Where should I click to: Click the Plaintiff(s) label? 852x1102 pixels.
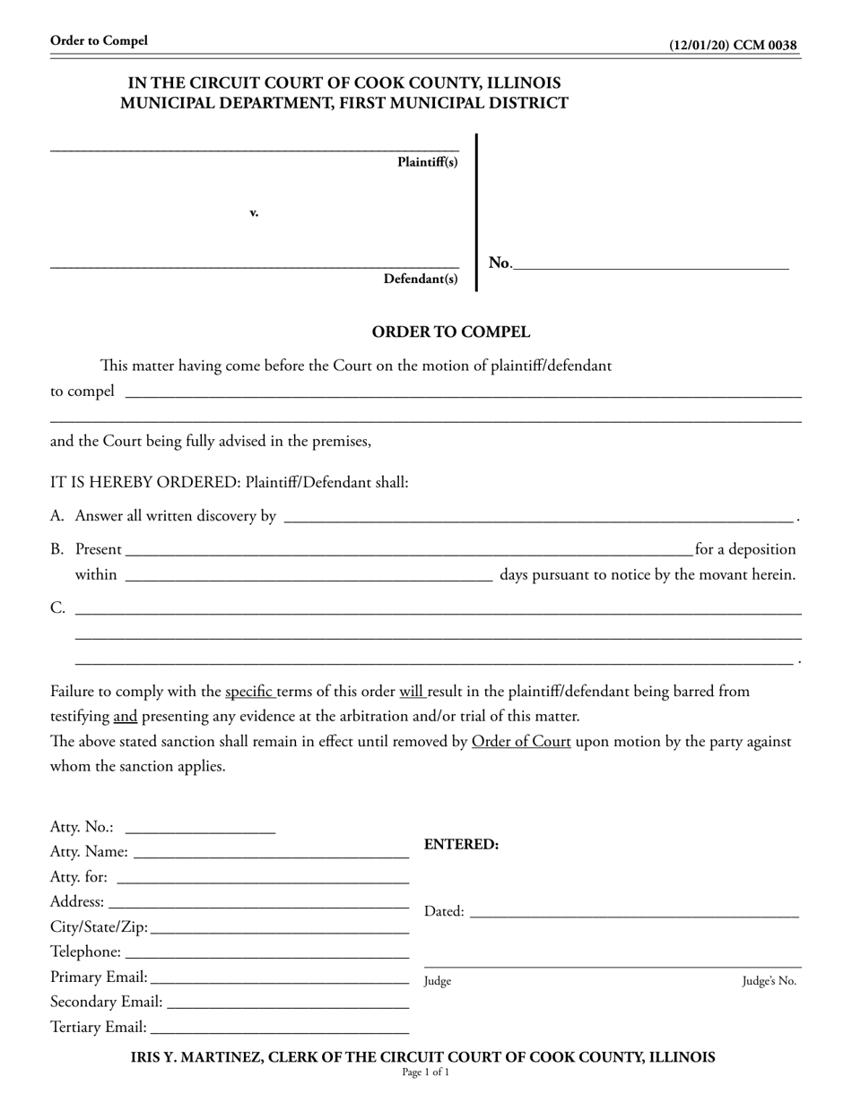tap(427, 162)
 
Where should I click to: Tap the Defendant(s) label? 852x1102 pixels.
tap(421, 279)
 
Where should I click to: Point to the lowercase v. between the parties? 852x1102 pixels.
tap(254, 212)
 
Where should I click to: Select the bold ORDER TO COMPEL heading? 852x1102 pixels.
tap(451, 332)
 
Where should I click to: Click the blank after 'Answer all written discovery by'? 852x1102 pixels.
tap(538, 518)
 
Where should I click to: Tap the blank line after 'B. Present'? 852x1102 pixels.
tap(408, 551)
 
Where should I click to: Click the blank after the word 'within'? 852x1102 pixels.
tap(309, 576)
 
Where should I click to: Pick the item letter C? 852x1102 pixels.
tap(57, 608)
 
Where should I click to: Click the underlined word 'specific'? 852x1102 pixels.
tap(249, 692)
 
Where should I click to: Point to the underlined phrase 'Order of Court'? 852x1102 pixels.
tap(521, 742)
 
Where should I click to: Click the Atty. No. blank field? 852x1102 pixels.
tap(201, 829)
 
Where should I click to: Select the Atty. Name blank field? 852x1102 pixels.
tap(271, 854)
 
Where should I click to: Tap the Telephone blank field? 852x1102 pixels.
tap(267, 953)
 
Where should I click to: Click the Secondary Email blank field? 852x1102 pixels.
tap(287, 1003)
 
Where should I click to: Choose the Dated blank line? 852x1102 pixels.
tap(633, 913)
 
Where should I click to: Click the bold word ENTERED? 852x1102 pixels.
tap(461, 844)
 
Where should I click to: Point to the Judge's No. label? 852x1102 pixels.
tap(769, 981)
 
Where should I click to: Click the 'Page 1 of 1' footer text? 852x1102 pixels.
tap(425, 1072)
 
